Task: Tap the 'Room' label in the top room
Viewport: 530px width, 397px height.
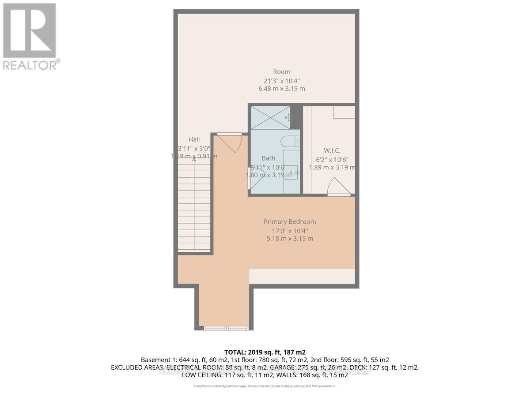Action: tap(281, 72)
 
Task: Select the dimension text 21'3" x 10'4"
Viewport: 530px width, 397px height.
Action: tap(281, 80)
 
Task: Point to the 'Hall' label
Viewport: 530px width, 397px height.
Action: tap(194, 140)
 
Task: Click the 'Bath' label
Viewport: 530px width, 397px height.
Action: tap(268, 158)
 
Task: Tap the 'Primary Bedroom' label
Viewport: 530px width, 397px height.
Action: tap(290, 222)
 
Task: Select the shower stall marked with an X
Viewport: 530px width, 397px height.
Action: tap(270, 117)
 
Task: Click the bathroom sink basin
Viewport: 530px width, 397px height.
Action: tap(291, 169)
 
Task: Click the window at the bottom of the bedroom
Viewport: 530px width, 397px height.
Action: tap(226, 328)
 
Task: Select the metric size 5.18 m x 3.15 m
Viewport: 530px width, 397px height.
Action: tap(290, 239)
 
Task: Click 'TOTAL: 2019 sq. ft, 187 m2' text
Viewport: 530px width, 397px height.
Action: tap(265, 352)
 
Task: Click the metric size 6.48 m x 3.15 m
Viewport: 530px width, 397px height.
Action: tap(281, 89)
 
